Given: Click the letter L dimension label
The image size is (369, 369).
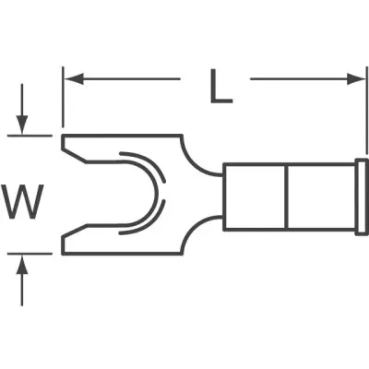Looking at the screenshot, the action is [220, 86].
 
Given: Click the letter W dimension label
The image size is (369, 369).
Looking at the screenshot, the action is [22, 201].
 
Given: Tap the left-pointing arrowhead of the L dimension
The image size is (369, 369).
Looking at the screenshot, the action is [74, 79].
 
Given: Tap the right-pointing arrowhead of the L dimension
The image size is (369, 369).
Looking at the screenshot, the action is [356, 79].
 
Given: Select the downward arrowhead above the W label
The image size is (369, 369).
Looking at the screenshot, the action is [22, 125].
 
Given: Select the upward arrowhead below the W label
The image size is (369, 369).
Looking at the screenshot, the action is [22, 264].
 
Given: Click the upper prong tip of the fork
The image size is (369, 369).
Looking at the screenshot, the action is [63, 142].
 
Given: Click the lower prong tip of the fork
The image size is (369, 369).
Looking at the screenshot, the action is [63, 246].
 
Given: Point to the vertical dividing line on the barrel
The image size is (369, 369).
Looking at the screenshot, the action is [287, 196].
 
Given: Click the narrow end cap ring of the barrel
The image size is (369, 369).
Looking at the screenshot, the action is [362, 196].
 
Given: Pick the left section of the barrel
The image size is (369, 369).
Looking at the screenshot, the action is [255, 196].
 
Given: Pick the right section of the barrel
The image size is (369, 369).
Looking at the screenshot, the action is [321, 196].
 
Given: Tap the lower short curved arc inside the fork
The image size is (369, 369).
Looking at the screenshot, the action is [150, 224].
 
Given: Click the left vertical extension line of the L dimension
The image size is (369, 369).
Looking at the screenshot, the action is [63, 97].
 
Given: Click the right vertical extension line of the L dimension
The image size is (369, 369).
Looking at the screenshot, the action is [366, 110].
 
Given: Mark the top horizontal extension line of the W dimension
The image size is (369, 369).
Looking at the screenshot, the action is [30, 135].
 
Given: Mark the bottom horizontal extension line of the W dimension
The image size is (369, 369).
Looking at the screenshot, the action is [30, 254].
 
